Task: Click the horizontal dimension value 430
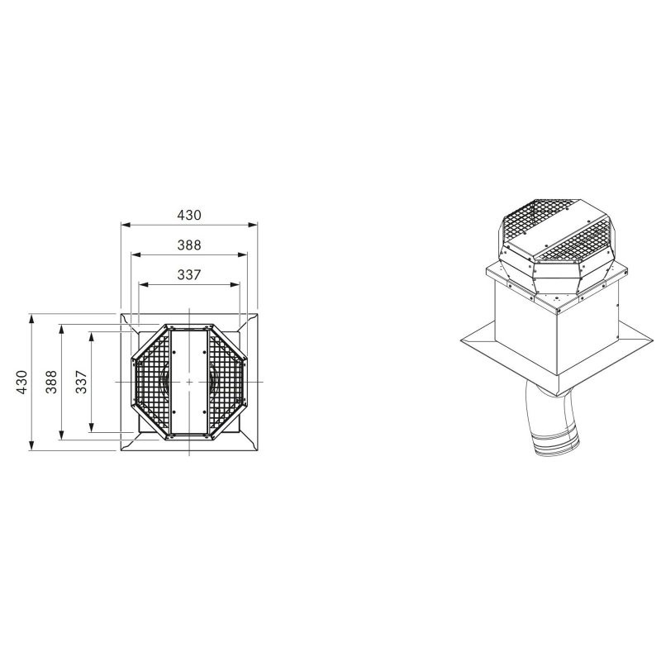pos(189,215)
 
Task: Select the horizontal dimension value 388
pos(189,245)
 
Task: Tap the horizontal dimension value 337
pos(189,275)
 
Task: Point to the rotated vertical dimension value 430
pos(22,382)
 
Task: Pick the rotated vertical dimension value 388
pos(51,382)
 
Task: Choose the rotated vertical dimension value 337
pos(81,382)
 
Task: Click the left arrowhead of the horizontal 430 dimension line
pos(126,225)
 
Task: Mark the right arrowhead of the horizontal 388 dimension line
pos(242,254)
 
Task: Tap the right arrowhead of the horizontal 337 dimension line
pos(235,284)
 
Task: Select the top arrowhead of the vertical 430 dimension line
pos(31,319)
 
